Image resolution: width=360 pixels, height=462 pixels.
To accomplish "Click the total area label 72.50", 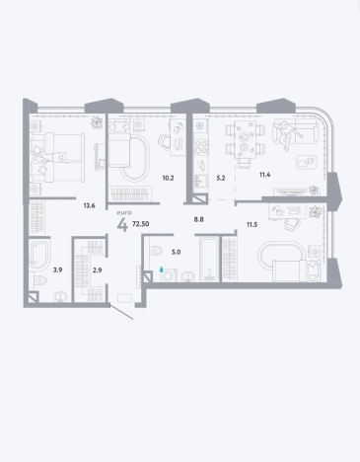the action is click(140, 224).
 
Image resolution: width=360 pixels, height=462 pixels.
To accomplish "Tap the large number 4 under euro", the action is click(122, 225).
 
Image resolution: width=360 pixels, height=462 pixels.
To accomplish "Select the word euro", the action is click(124, 212).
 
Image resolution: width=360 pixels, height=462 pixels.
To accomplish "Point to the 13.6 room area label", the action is click(89, 206).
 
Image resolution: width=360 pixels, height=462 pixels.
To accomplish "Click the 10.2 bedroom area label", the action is click(168, 179).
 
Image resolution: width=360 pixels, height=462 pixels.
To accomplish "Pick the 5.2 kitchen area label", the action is click(221, 179).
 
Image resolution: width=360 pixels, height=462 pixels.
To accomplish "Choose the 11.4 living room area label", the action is click(264, 175).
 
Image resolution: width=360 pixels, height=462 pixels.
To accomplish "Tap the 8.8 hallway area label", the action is click(198, 219).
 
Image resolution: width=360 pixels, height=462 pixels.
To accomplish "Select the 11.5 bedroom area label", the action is click(252, 225).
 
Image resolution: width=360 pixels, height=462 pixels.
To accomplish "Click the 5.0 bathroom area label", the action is click(176, 253).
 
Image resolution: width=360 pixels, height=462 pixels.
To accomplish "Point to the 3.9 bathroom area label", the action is click(57, 270).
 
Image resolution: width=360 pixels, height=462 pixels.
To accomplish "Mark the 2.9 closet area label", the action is click(97, 270).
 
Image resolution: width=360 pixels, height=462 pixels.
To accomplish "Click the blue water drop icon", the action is click(161, 269).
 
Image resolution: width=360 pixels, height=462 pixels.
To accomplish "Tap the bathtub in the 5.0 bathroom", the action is click(209, 259).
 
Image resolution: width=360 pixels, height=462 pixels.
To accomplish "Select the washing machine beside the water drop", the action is click(169, 275).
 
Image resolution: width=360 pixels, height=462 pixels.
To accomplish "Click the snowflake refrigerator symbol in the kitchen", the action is click(200, 125).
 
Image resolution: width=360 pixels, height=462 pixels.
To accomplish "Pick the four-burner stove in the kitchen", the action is click(200, 147).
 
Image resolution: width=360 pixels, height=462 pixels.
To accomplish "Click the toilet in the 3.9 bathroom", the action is click(40, 280).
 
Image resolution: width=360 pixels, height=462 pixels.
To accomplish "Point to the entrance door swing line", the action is click(121, 312).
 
